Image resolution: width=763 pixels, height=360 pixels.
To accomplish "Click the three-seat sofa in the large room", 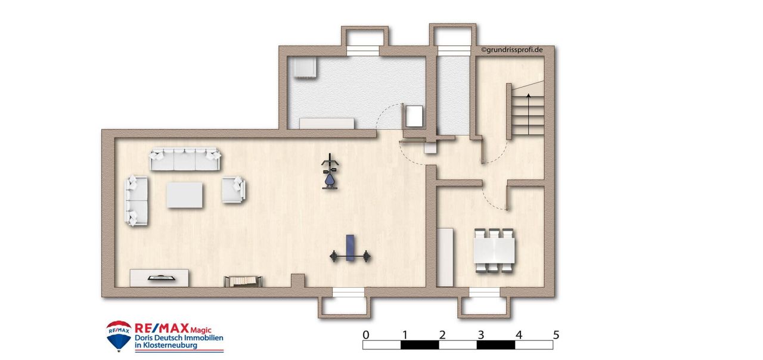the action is (x=185, y=159).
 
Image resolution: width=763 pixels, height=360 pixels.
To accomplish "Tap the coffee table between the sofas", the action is (x=185, y=195).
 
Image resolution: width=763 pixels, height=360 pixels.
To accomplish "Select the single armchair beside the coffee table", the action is (x=234, y=190).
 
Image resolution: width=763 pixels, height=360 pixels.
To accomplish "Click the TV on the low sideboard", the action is (x=162, y=278).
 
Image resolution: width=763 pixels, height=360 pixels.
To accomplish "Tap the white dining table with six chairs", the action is (x=494, y=250).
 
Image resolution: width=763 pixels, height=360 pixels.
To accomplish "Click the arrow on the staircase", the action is (x=529, y=113).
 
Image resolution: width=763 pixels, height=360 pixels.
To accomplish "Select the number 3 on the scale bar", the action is (x=480, y=335).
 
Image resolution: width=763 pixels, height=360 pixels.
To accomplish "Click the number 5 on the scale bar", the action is (x=556, y=335).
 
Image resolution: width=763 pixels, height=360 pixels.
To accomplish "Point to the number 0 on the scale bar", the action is (x=366, y=335).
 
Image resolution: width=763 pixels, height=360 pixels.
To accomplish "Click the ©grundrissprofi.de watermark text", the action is (x=512, y=49).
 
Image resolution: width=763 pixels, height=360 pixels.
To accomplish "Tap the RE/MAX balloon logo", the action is (x=119, y=336).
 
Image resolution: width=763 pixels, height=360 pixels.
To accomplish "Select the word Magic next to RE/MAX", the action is (x=201, y=330).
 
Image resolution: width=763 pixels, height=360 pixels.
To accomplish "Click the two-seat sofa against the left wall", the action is (x=137, y=201).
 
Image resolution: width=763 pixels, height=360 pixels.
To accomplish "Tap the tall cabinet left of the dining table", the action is (x=445, y=257).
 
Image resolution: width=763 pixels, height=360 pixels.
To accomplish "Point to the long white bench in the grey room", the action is (x=327, y=123).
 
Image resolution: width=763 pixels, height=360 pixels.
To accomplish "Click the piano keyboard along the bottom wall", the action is (x=243, y=281).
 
